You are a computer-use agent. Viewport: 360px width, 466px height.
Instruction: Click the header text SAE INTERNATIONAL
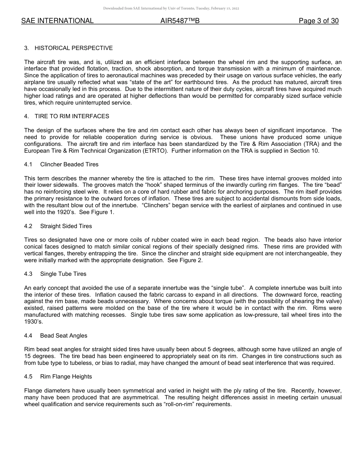57,21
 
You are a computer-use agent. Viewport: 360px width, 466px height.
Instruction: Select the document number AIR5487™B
180,21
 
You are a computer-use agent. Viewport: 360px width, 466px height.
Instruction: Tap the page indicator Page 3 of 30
319,21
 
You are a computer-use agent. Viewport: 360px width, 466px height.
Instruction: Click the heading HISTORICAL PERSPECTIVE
74,48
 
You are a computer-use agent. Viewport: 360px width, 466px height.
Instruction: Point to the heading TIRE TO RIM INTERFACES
72,116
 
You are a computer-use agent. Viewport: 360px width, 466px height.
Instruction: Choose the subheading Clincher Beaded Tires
69,164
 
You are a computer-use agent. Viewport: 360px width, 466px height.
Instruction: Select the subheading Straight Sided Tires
66,226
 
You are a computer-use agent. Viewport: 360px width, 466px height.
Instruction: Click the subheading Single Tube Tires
63,274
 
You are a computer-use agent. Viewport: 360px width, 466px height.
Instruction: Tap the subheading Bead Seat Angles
63,336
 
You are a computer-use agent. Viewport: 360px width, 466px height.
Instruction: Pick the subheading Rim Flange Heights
66,377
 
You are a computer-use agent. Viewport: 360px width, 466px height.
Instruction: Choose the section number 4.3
28,274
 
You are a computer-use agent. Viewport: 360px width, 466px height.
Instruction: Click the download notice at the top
171,8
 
